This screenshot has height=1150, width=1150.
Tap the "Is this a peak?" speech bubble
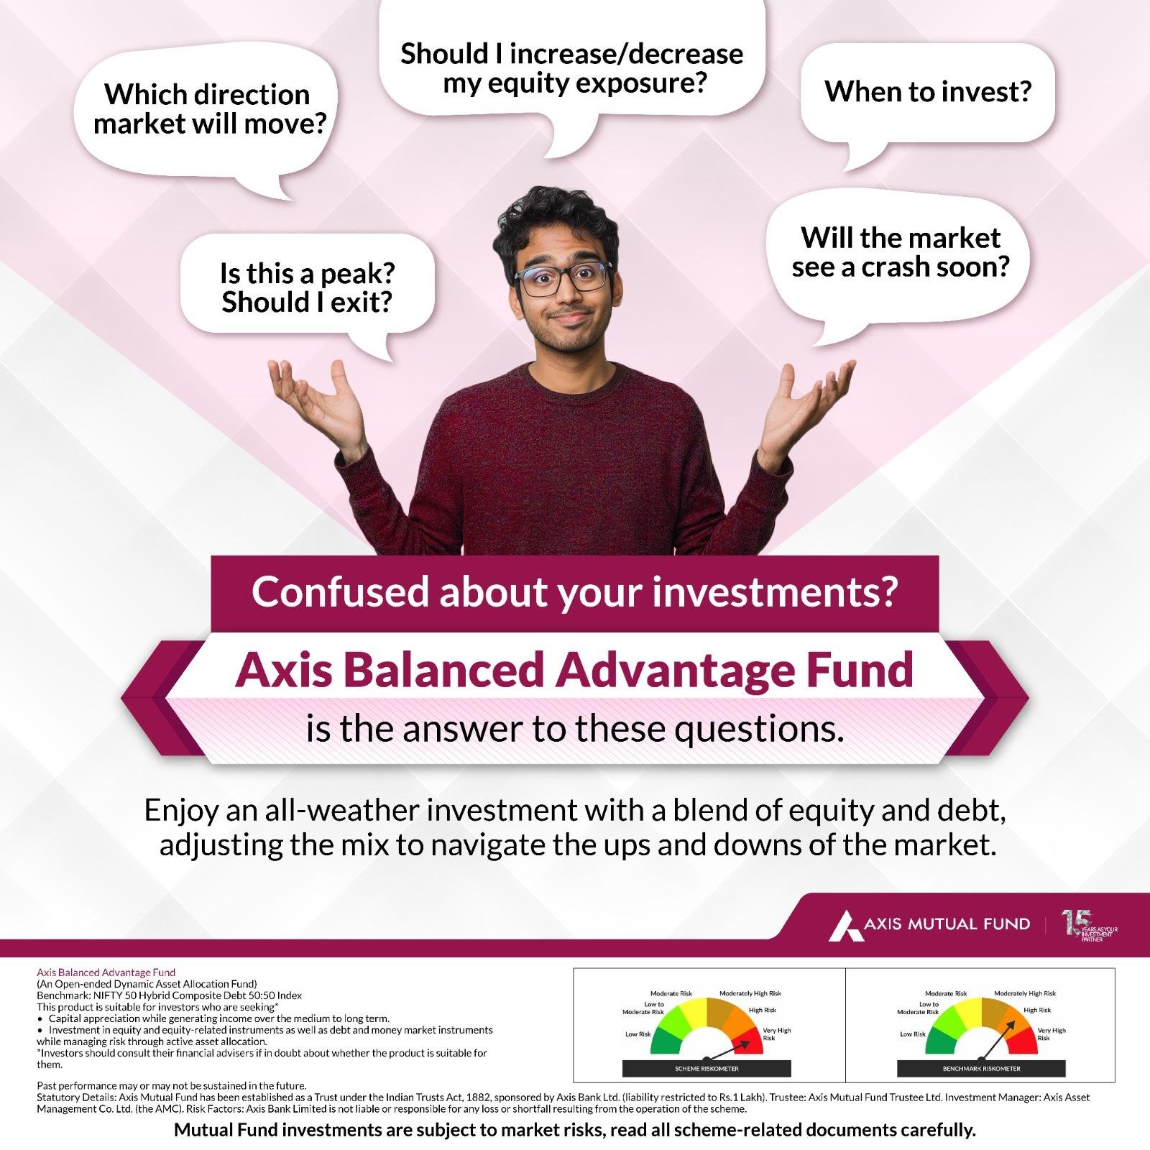pos(307,287)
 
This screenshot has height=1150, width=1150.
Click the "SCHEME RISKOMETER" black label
pos(707,1069)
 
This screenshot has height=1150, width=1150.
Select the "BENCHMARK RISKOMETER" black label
pos(981,1069)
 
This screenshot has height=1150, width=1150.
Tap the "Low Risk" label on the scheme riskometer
pos(638,1034)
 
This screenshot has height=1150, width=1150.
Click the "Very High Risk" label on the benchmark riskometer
pos(1052,1034)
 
